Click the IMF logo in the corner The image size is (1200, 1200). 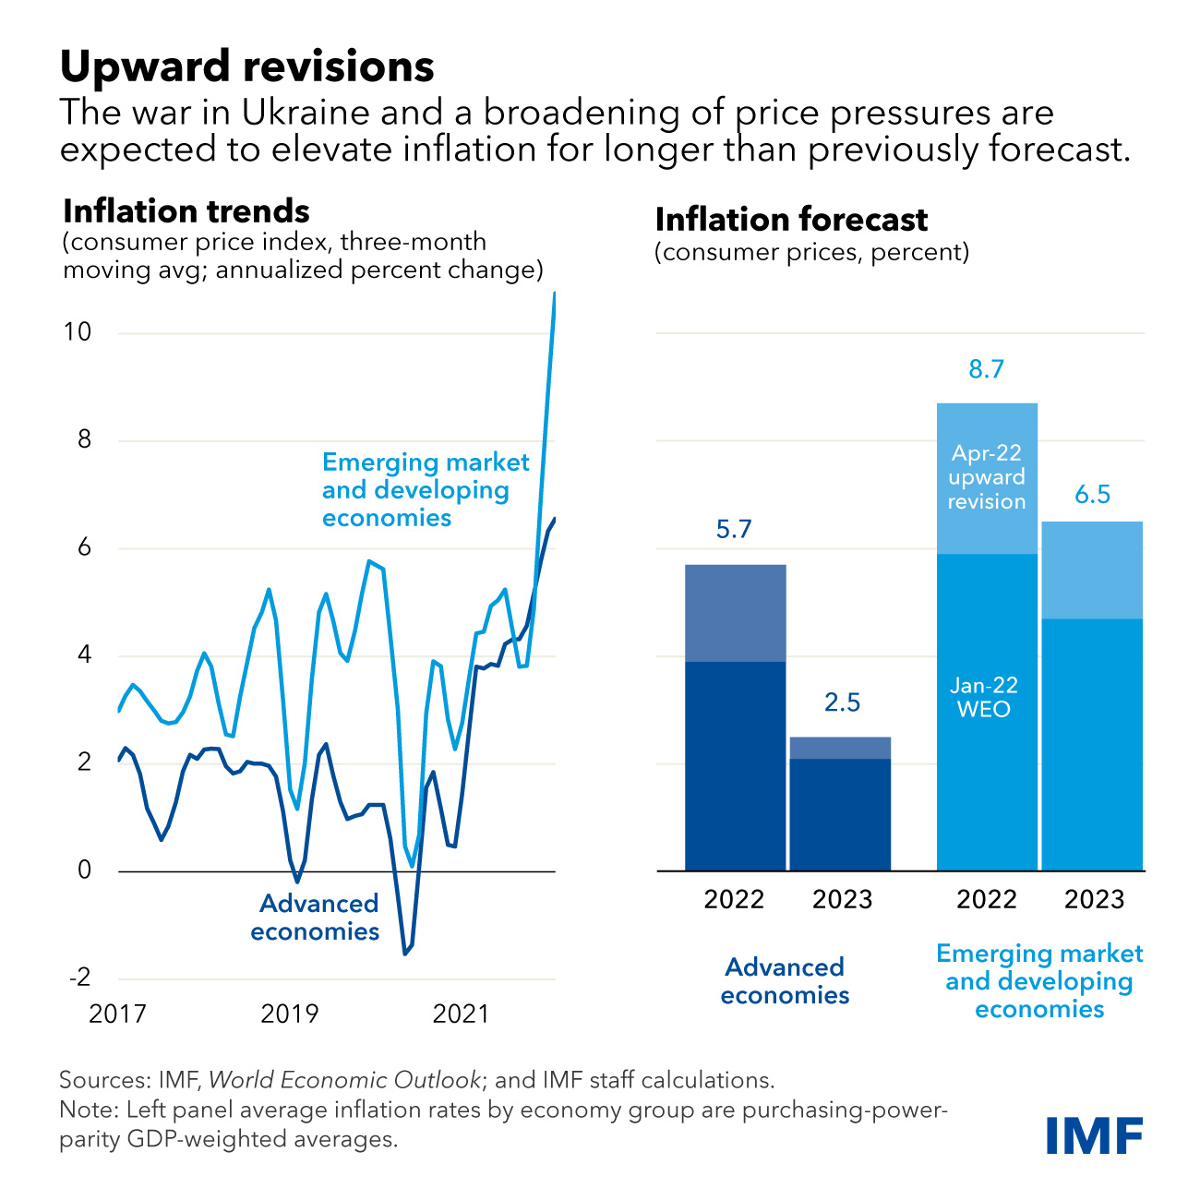pyautogui.click(x=1095, y=1134)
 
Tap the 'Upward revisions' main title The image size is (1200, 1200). pyautogui.click(x=246, y=67)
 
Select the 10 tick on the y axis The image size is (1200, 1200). pyautogui.click(x=78, y=332)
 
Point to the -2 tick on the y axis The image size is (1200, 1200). pyautogui.click(x=79, y=978)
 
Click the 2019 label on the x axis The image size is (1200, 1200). pyautogui.click(x=289, y=1014)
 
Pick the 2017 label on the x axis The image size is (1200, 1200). pyautogui.click(x=117, y=1014)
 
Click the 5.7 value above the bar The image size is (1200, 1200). pyautogui.click(x=734, y=530)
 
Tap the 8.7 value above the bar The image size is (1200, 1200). pyautogui.click(x=986, y=370)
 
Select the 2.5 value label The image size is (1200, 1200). pyautogui.click(x=842, y=702)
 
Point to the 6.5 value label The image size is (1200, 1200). pyautogui.click(x=1092, y=495)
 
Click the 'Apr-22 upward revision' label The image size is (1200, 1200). pyautogui.click(x=987, y=477)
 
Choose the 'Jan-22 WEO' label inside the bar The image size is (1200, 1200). pyautogui.click(x=984, y=698)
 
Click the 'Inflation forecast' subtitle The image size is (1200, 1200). pyautogui.click(x=791, y=220)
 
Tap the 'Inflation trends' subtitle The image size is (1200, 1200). pyautogui.click(x=186, y=211)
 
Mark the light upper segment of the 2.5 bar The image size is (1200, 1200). pyautogui.click(x=841, y=748)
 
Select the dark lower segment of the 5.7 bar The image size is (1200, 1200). pyautogui.click(x=735, y=766)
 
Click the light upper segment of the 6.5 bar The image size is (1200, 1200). pyautogui.click(x=1092, y=570)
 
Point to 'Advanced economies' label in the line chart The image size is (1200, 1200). pyautogui.click(x=316, y=917)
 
